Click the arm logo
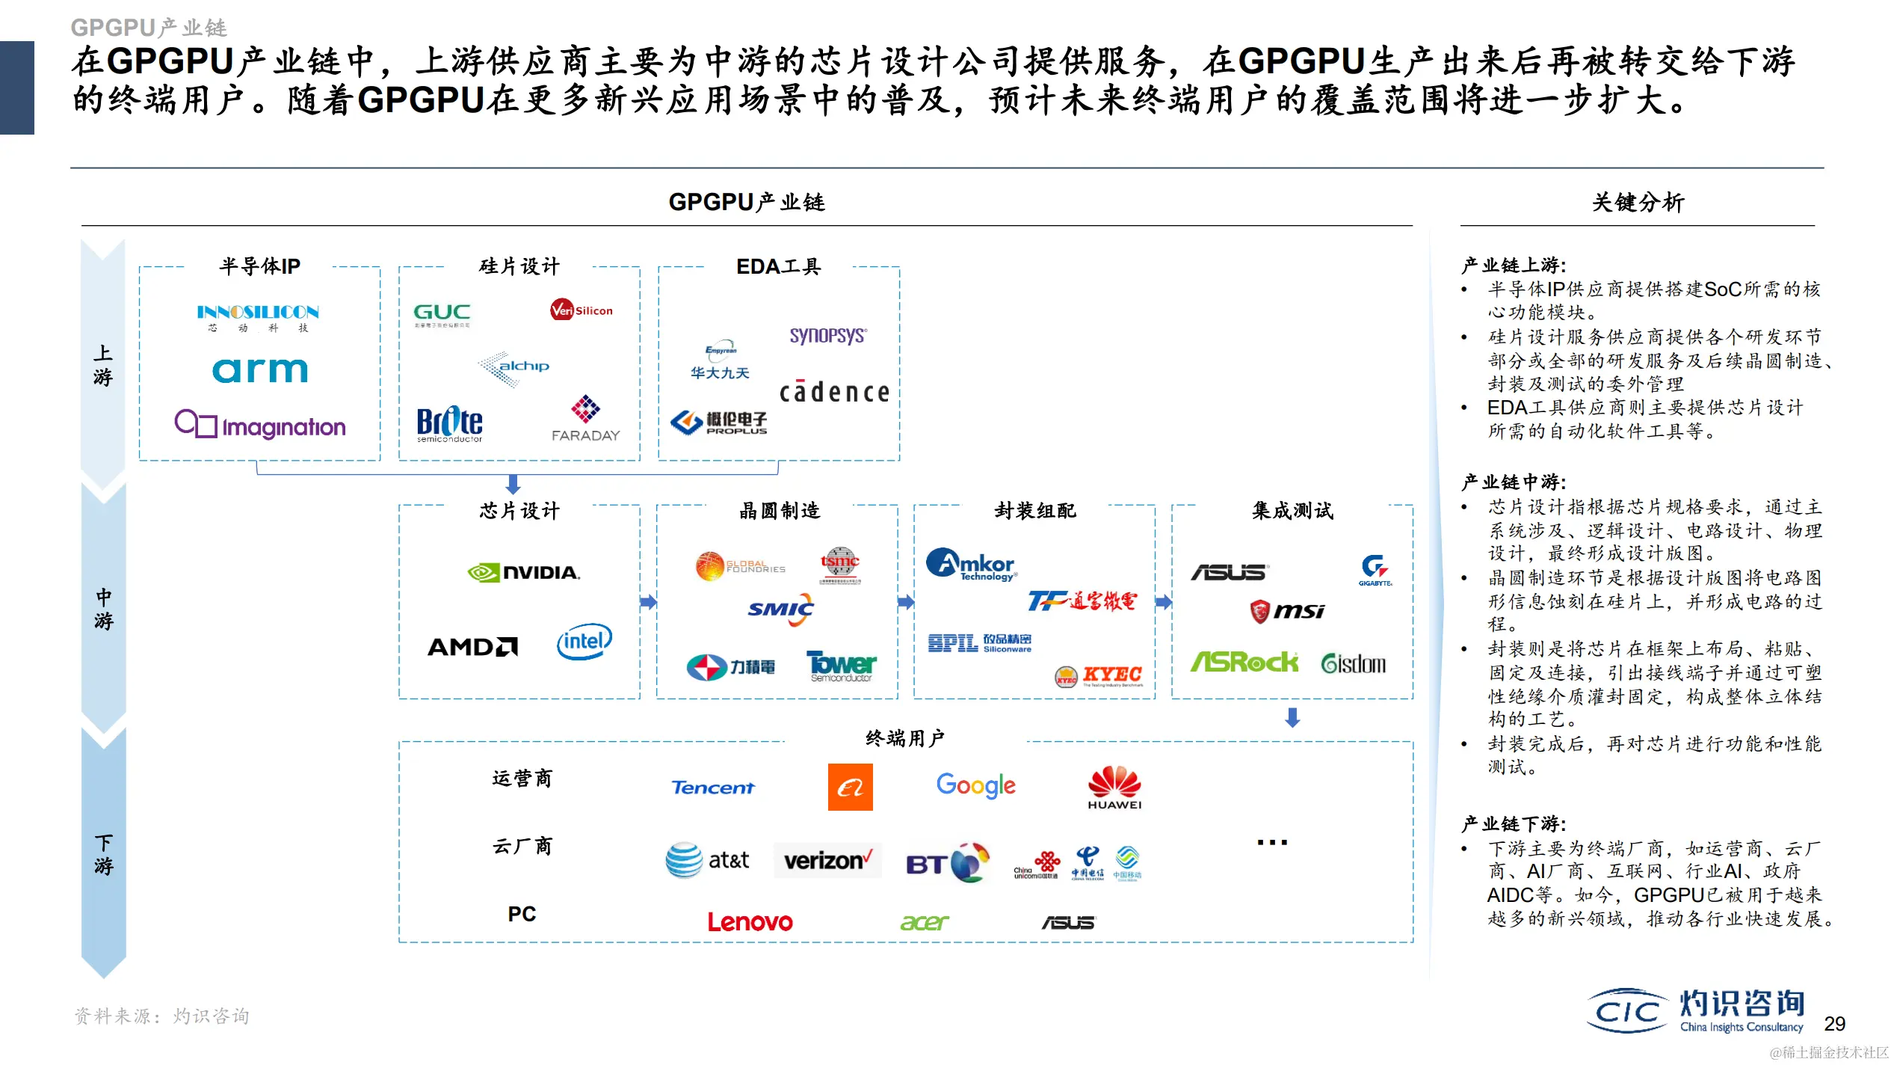pos(259,370)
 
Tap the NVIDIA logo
pos(524,573)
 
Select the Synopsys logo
pos(828,336)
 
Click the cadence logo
pos(834,392)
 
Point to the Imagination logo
pos(260,426)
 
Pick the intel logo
pos(584,642)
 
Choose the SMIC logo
pos(780,610)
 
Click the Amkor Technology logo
pos(971,565)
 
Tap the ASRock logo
pos(1244,663)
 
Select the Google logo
pos(975,785)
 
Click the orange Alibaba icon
pos(850,787)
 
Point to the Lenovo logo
pos(750,922)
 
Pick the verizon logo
pos(827,861)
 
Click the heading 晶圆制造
pos(780,511)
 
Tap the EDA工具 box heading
pos(778,267)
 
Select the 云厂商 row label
pos(522,847)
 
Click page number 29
pos(1834,1024)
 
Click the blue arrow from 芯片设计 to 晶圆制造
pos(648,602)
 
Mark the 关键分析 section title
pos(1638,203)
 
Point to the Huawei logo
pos(1114,788)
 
